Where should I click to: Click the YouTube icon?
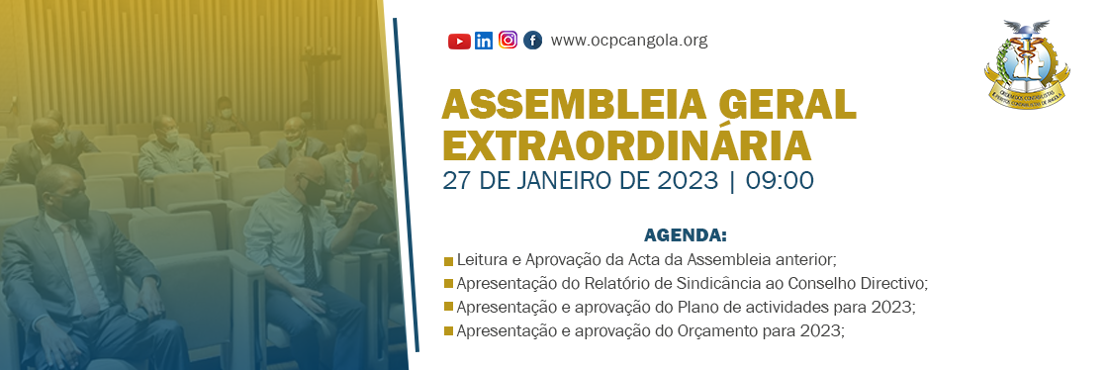click(459, 41)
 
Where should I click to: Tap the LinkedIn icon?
click(484, 41)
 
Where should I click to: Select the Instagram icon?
click(508, 41)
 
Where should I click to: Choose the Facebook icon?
click(532, 41)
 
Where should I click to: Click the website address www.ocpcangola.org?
click(629, 41)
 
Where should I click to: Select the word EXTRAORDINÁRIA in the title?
click(627, 145)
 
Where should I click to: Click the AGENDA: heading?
click(686, 235)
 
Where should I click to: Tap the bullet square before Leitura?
click(449, 261)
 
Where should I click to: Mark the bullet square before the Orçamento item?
click(449, 330)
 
